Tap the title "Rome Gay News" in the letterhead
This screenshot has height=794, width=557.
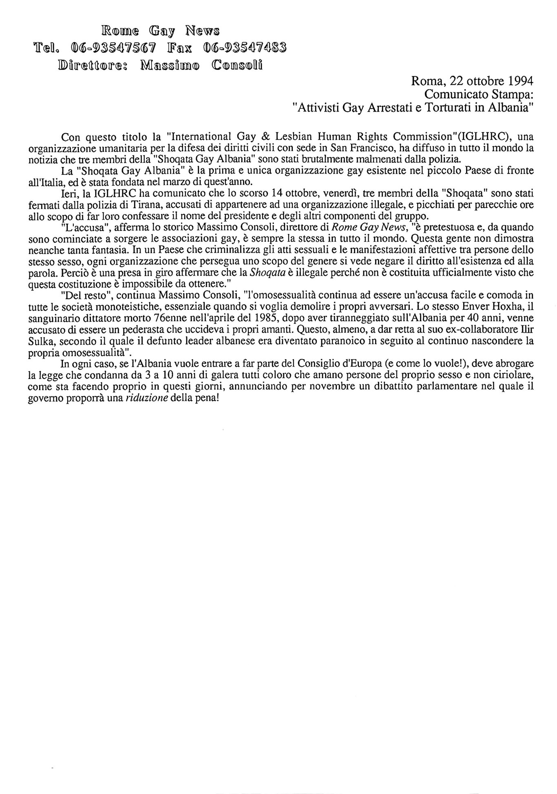pos(160,31)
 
